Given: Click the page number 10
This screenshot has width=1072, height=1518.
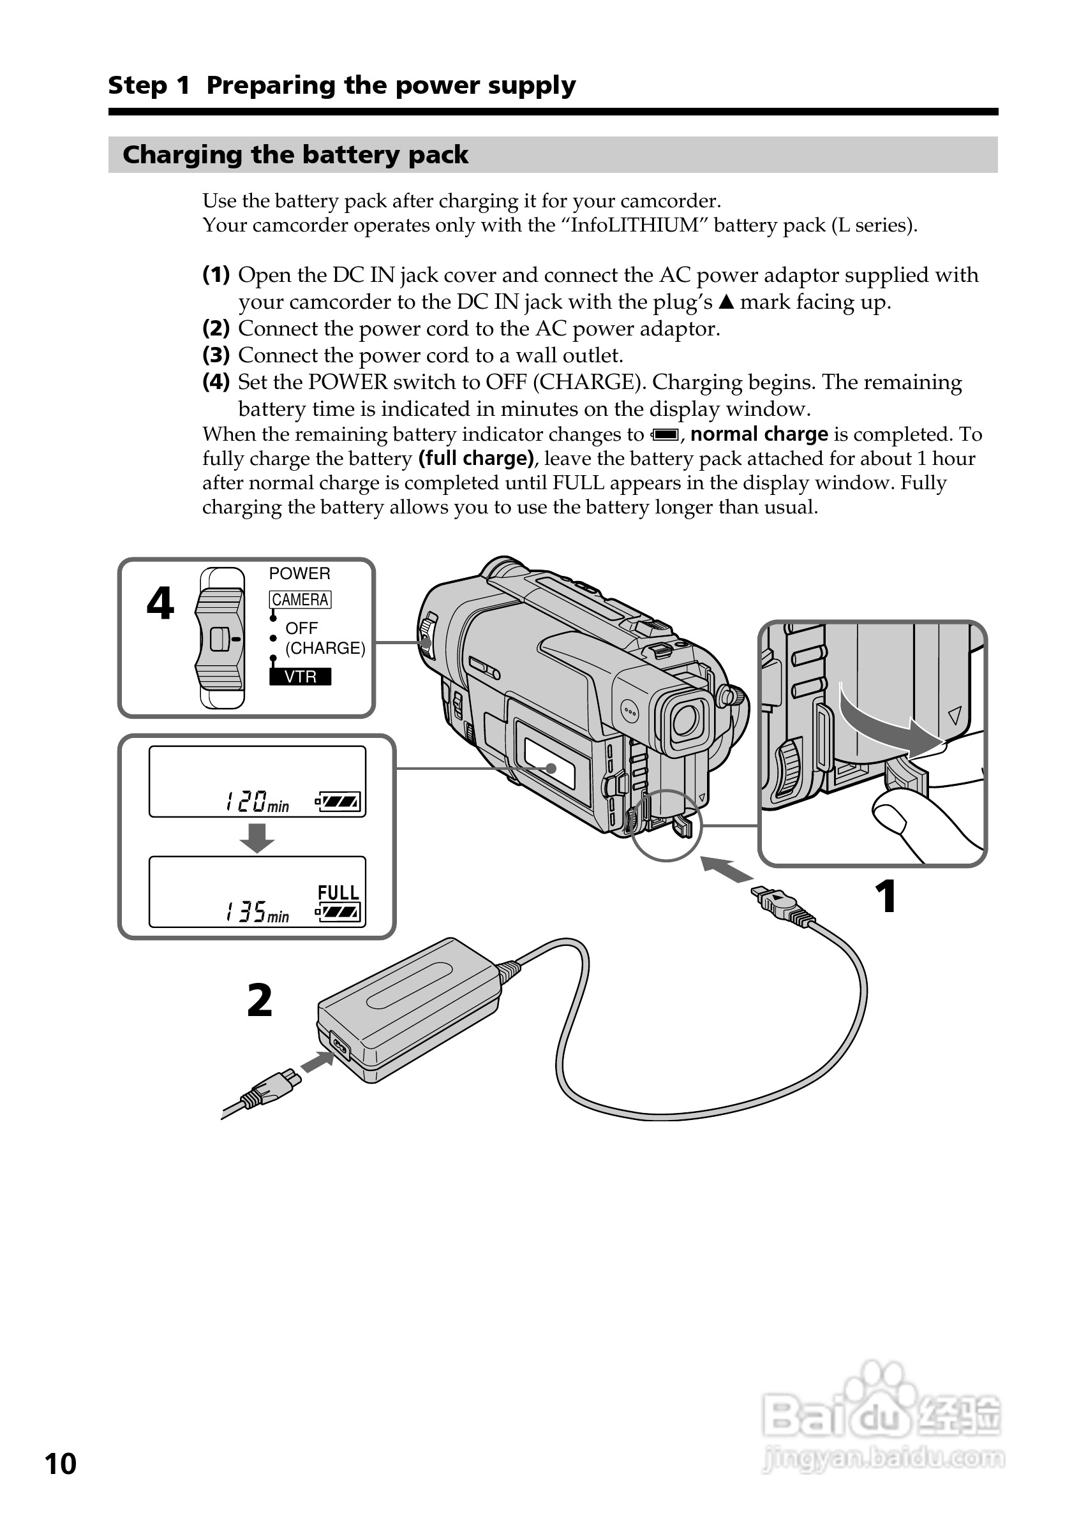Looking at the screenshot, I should (x=60, y=1463).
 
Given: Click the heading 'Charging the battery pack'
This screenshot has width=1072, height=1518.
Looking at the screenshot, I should (x=295, y=155).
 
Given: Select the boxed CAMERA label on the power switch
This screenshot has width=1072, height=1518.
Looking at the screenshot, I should (x=299, y=600).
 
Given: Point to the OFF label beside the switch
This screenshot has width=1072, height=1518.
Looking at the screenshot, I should (x=302, y=628).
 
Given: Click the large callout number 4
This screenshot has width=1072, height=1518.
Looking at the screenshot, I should (x=160, y=603).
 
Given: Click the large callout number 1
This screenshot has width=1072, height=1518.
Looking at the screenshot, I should (x=886, y=897).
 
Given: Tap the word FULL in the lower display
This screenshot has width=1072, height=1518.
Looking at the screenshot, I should (x=338, y=892).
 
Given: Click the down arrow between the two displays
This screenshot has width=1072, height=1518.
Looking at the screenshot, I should (x=257, y=837).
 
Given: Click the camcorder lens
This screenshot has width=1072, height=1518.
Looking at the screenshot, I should (x=685, y=720).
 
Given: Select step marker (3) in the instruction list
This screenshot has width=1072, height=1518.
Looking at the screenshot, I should (x=216, y=355).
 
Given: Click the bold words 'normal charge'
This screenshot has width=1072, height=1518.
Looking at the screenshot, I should (x=759, y=434).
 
